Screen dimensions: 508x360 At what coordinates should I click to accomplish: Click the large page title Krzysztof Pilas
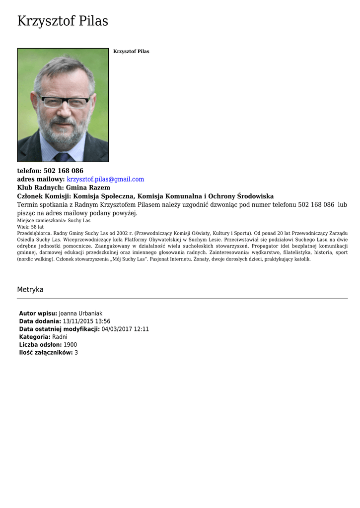click(x=63, y=21)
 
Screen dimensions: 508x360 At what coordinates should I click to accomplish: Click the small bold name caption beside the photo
click(x=131, y=52)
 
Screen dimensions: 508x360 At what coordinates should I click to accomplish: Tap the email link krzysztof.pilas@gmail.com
click(x=105, y=179)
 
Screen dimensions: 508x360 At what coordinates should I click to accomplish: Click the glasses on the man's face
click(x=65, y=102)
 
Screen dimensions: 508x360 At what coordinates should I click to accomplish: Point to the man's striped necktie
click(x=63, y=157)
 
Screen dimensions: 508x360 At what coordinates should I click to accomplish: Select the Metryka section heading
click(x=30, y=290)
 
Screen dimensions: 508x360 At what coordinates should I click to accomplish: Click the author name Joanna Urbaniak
click(x=80, y=314)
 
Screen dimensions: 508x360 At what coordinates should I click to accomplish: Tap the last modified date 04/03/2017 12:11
click(x=125, y=329)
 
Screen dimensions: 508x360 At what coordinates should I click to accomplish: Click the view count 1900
click(x=71, y=345)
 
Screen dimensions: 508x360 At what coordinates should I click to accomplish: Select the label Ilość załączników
click(x=46, y=353)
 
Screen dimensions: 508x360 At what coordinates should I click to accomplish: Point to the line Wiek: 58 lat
click(x=30, y=227)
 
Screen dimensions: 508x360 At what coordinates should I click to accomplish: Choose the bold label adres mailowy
click(x=41, y=179)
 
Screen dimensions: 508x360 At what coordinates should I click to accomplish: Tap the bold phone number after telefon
click(x=64, y=171)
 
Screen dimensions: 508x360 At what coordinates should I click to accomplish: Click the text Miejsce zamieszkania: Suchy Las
click(x=54, y=220)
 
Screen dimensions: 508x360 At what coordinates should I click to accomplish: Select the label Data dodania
click(x=40, y=321)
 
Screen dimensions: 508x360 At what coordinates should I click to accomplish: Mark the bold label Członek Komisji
click(x=44, y=196)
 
